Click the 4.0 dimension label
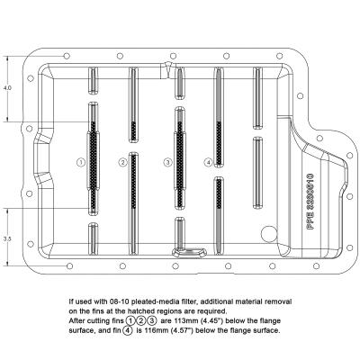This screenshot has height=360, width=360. (7, 89)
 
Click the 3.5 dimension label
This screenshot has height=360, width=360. (7, 239)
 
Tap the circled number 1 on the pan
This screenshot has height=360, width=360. (81, 162)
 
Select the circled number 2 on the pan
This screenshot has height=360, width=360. (122, 162)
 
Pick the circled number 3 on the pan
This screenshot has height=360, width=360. (166, 162)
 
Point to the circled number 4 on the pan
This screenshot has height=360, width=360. (208, 162)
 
